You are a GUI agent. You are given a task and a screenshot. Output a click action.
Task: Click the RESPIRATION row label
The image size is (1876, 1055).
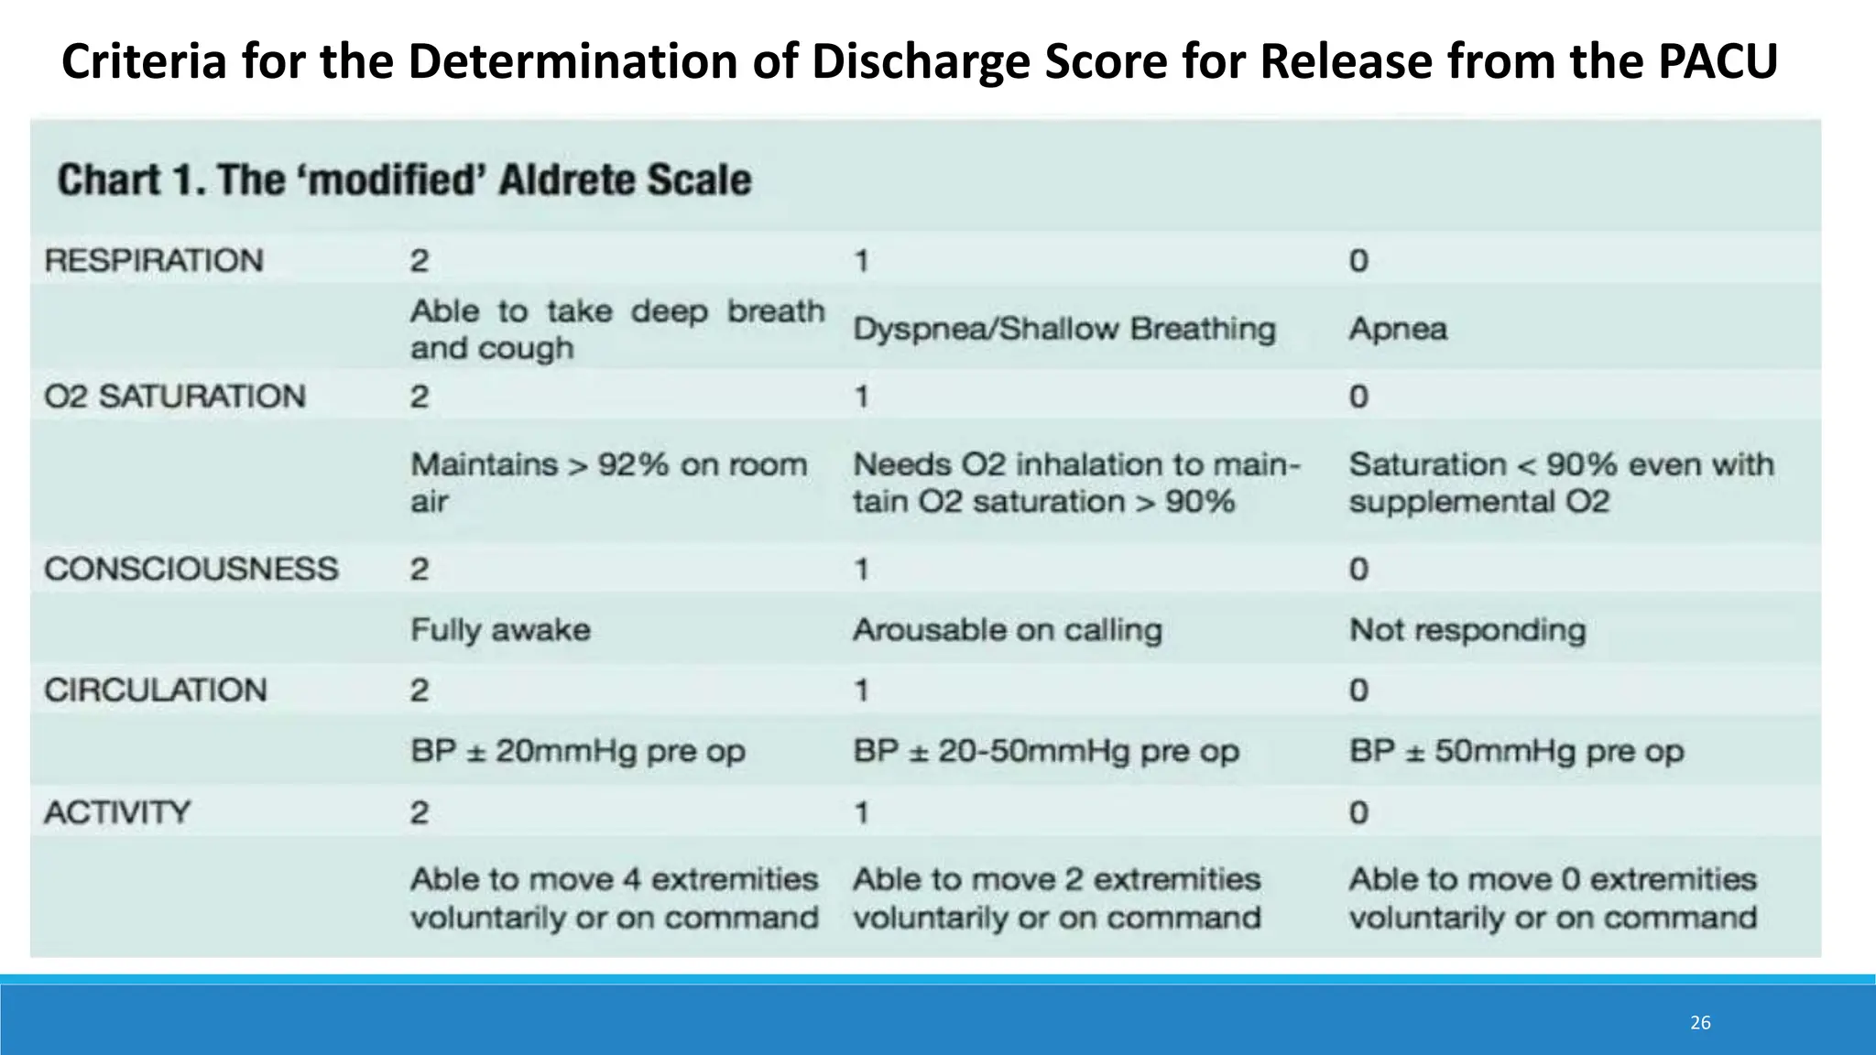[x=154, y=261]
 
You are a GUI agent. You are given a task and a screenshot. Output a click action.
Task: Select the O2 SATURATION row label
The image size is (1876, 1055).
[x=175, y=397]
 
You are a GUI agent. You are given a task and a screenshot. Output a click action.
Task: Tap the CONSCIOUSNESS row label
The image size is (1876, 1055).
[x=191, y=570]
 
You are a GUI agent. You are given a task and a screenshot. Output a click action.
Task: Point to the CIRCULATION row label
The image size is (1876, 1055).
[x=156, y=691]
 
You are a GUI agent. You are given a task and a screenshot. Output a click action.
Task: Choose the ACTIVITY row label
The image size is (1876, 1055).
[x=117, y=812]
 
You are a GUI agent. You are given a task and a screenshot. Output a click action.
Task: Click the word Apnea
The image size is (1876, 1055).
[x=1398, y=329]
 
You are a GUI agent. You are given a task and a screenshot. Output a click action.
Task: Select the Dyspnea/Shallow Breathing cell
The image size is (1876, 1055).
[x=1063, y=329]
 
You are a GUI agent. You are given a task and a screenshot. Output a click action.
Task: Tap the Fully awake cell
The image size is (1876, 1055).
[x=500, y=630]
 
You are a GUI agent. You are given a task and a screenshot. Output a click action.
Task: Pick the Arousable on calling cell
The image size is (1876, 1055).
[x=1008, y=630]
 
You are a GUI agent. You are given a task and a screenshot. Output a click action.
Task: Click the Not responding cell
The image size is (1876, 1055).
[x=1467, y=630]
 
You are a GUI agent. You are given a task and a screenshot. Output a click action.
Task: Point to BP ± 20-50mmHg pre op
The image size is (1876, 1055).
[x=1046, y=752]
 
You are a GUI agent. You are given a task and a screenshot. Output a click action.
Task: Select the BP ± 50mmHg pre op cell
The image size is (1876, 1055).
[x=1516, y=752]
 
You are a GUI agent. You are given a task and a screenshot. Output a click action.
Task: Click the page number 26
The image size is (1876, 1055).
[x=1700, y=1023]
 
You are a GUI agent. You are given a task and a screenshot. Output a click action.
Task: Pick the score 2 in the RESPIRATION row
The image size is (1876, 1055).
[x=419, y=261]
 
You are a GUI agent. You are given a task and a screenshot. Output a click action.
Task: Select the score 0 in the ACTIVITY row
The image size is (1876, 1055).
[x=1358, y=812]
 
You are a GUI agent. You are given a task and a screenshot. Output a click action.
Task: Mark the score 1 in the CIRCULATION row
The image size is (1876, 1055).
[x=861, y=691]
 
